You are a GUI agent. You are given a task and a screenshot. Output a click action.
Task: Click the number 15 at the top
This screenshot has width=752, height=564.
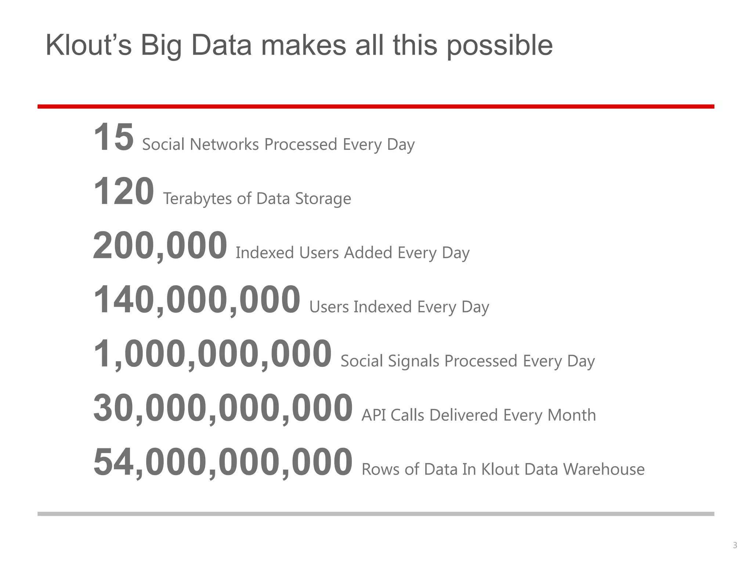[x=113, y=137]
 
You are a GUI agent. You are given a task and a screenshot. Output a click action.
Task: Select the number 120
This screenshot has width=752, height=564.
[x=124, y=192]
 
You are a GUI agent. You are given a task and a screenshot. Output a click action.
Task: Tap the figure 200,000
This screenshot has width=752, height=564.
[x=160, y=246]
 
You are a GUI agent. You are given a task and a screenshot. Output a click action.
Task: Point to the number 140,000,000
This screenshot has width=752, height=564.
[x=197, y=300]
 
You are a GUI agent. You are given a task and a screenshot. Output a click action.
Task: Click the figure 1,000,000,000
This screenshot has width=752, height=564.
[x=213, y=354]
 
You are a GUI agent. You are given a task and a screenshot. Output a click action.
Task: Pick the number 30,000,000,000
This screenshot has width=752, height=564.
[x=223, y=408]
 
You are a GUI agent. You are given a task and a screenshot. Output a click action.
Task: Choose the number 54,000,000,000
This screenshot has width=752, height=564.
[x=223, y=462]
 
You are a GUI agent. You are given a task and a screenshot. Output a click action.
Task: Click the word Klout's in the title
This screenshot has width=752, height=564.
[x=88, y=46]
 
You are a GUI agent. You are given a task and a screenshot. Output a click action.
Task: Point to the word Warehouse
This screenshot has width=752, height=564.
[x=604, y=469]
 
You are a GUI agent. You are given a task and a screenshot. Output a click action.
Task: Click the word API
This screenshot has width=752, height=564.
[x=374, y=415]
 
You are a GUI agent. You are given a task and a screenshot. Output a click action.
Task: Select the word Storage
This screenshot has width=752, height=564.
[x=323, y=199]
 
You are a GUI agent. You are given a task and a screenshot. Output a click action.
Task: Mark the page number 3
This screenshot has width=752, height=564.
[x=735, y=545]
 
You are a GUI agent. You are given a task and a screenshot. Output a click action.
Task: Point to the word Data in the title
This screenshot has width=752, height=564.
[x=221, y=46]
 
